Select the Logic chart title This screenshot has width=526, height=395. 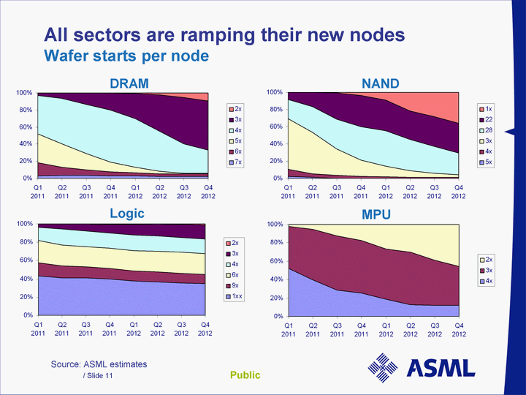[127, 214]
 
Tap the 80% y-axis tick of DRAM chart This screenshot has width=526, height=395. [24, 110]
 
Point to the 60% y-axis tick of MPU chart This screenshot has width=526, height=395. [275, 261]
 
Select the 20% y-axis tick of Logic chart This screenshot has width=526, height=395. [24, 297]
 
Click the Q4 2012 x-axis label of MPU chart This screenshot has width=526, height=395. [458, 330]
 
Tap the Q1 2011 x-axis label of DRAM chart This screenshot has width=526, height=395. [38, 192]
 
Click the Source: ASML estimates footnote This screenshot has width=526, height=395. [99, 364]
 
